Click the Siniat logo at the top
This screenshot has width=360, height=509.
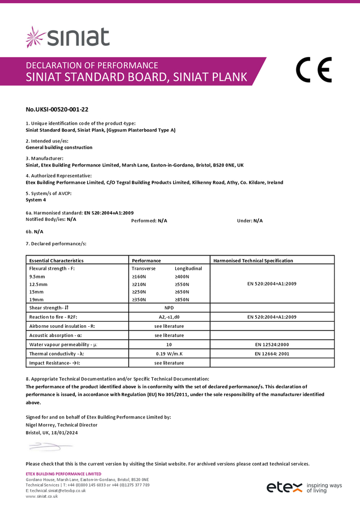click(x=68, y=37)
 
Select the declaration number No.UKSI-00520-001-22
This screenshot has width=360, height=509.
click(x=53, y=109)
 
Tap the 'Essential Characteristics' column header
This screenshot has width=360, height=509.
click(x=57, y=261)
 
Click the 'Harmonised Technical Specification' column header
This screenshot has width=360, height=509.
click(x=253, y=261)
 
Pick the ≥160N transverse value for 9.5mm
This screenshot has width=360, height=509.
click(x=139, y=276)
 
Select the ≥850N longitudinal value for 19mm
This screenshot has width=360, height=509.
click(x=182, y=300)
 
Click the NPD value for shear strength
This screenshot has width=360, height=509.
click(x=169, y=308)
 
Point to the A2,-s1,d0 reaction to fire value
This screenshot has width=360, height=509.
click(x=169, y=317)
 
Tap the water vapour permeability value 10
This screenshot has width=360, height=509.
click(x=169, y=345)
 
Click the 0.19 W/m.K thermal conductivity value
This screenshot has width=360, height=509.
click(x=169, y=354)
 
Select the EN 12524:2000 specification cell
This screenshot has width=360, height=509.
click(x=271, y=345)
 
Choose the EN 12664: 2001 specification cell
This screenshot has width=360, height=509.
click(x=271, y=354)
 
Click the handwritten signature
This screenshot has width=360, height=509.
click(x=44, y=447)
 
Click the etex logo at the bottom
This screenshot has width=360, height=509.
click(x=285, y=487)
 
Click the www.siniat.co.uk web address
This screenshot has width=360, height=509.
click(x=42, y=496)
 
